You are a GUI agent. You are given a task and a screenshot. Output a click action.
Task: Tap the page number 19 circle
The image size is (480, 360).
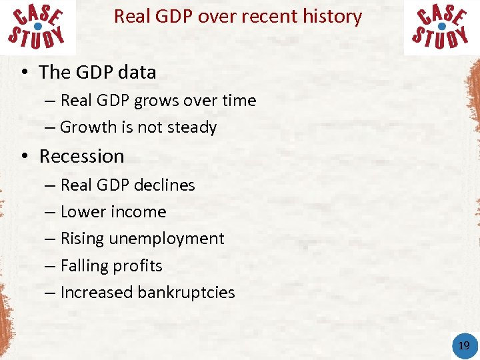point(464,345)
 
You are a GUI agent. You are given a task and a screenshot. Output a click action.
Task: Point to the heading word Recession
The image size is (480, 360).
point(82,156)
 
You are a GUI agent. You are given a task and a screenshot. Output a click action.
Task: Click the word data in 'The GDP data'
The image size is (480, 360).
point(139,72)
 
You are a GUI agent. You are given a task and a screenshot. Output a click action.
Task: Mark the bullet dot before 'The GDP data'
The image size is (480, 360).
point(24,73)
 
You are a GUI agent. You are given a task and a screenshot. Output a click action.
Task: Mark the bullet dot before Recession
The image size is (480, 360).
point(24,157)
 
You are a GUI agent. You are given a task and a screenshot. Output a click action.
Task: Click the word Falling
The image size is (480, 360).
point(83,266)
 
